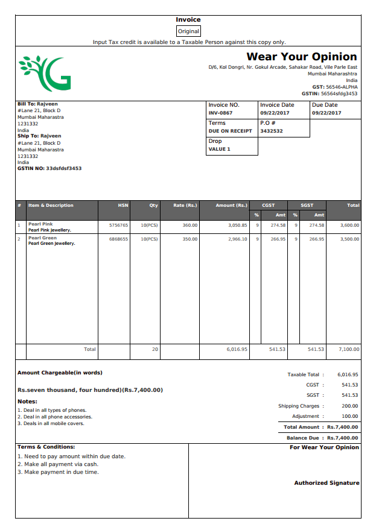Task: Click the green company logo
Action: [x=45, y=72]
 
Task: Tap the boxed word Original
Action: [x=188, y=31]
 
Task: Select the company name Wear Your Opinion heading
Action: [x=301, y=57]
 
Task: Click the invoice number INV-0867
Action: [x=220, y=113]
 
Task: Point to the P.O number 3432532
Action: [x=272, y=131]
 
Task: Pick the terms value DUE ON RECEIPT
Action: [x=230, y=131]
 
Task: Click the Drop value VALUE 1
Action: [x=220, y=149]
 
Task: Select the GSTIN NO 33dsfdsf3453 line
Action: [x=49, y=168]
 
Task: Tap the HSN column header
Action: [x=123, y=206]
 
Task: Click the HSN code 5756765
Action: [x=118, y=225]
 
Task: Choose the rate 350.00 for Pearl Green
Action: [x=190, y=239]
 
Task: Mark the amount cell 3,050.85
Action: [x=237, y=225]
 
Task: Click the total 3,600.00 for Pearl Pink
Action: [x=349, y=225]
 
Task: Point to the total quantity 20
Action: [x=155, y=349]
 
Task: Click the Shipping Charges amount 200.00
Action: [x=349, y=406]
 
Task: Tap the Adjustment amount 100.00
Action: [x=349, y=416]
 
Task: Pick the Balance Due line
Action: [x=322, y=438]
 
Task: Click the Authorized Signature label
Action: [x=327, y=483]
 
